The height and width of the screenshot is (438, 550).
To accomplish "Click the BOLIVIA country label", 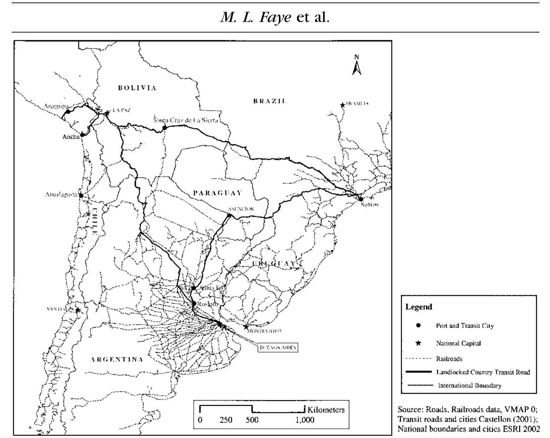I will [137, 88].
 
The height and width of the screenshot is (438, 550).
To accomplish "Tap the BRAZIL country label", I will [270, 101].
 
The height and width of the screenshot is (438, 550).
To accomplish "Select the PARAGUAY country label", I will [217, 193].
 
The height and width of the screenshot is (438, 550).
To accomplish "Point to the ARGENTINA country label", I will [117, 360].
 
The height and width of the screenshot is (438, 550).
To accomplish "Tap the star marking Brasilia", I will [342, 105].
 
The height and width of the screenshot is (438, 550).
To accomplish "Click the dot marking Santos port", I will [361, 199].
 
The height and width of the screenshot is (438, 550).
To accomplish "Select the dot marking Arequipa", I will [68, 112].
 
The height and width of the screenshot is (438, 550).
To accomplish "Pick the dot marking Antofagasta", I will [81, 195].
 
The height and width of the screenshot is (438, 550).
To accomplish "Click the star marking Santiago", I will [78, 310].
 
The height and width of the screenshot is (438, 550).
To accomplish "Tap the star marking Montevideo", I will [246, 327].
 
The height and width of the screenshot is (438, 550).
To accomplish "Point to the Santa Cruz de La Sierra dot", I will [164, 127].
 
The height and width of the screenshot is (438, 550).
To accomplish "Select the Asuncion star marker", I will [229, 215].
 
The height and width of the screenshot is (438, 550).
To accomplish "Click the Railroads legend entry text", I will [449, 359].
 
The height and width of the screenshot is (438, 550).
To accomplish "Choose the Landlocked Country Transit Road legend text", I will [483, 372].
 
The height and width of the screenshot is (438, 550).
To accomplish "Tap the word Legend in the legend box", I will [419, 307].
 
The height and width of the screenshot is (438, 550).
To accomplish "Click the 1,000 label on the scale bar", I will [305, 420].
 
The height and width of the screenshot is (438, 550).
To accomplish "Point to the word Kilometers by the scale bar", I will [326, 410].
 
